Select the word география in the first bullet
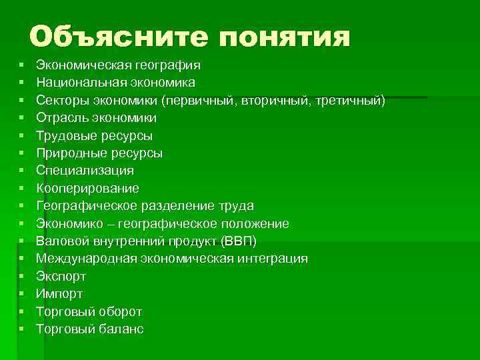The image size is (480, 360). point(168,65)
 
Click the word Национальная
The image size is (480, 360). point(73,83)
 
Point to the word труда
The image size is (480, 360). point(235,206)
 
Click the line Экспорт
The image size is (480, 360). point(61,276)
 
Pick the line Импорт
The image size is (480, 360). point(59,293)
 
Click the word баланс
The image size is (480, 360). point(120,329)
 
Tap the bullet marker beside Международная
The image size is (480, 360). point(22,259)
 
